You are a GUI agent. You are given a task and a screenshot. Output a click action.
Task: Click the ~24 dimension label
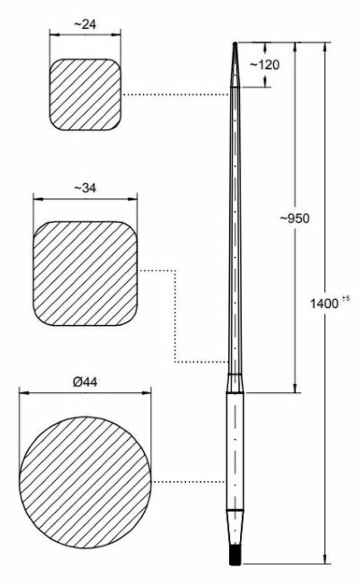(85, 24)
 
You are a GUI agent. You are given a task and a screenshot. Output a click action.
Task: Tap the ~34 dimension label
(85, 188)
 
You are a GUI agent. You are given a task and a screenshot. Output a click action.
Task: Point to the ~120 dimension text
(264, 65)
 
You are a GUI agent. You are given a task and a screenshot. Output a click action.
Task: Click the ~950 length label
(295, 218)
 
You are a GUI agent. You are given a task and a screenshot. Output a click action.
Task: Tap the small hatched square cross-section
(85, 95)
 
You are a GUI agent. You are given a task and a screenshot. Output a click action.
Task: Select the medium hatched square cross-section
(85, 273)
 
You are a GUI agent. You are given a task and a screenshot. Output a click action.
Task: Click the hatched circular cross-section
(85, 482)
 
